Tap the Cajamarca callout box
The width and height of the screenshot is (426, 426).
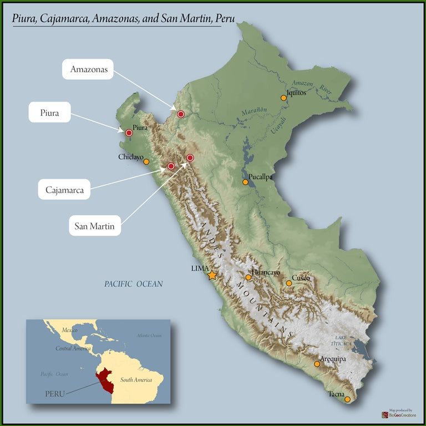coord(65,190)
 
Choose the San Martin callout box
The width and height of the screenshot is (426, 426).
coord(95,226)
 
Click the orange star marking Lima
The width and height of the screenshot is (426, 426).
coord(212,275)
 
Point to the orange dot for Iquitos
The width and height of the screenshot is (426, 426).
coord(283,98)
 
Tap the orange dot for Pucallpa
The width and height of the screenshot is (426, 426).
coord(245,182)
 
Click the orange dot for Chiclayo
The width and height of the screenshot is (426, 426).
coord(146,161)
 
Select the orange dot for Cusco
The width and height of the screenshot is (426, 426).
coord(288,283)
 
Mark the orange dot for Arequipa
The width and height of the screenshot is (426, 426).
coord(317,364)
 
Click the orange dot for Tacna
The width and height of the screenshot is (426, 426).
coord(347,399)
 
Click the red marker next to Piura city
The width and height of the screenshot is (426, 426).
coord(129,133)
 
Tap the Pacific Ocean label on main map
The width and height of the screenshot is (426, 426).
coord(134,284)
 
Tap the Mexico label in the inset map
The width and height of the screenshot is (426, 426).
coord(69,330)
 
